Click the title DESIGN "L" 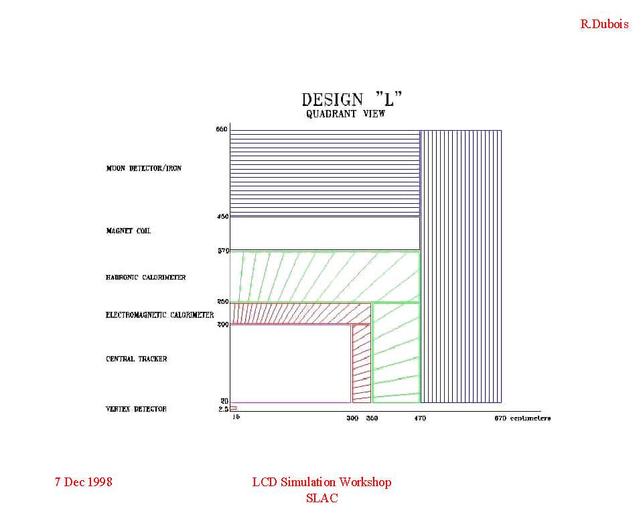352,100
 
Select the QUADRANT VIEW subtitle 346,114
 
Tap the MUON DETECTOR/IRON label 143,168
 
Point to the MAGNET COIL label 128,231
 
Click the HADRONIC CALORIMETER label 145,277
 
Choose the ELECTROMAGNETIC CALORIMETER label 159,315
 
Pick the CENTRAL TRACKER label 137,359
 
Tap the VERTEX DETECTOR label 136,408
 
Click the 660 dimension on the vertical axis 222,129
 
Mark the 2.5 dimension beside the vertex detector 224,408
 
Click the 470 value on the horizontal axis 419,418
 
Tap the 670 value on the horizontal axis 500,418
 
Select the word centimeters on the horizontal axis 531,418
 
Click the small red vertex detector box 233,408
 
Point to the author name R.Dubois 604,24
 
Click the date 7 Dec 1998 83,482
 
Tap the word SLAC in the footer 321,498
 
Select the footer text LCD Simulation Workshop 321,482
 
